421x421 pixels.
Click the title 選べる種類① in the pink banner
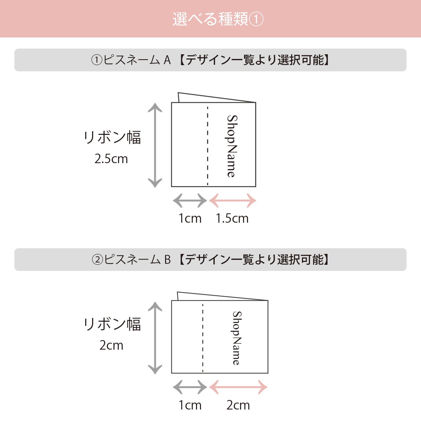tap(218, 19)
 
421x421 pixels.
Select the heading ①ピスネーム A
tap(131, 60)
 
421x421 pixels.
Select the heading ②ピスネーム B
tap(131, 260)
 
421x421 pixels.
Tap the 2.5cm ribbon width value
tap(111, 159)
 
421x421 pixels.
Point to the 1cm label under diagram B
tap(190, 405)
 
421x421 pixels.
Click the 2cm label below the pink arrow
tap(238, 405)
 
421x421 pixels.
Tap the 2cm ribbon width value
tap(111, 346)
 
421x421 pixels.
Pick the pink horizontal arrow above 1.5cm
tap(233, 201)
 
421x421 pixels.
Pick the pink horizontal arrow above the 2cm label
tap(238, 387)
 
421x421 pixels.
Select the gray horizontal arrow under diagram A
tap(190, 201)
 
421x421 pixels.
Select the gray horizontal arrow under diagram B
tap(190, 387)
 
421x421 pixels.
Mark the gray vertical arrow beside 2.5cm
tap(155, 145)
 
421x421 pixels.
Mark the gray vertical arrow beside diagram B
tap(155, 338)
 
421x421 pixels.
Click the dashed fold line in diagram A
tap(208, 145)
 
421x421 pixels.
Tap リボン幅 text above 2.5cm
tap(112, 137)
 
